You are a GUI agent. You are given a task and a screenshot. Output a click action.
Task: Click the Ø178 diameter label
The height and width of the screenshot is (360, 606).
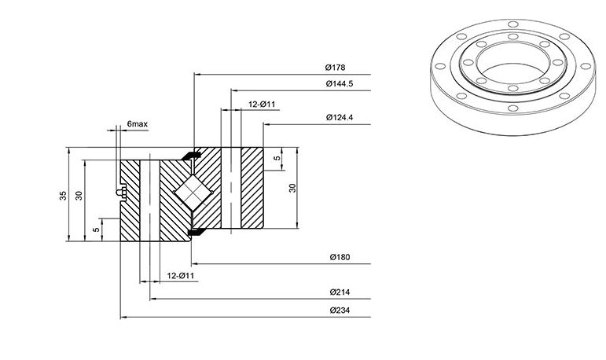(335, 68)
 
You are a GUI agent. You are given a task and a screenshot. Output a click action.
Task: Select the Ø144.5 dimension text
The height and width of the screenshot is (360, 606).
(340, 83)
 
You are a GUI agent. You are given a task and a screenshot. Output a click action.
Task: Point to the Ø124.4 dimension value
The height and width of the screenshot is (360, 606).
(340, 117)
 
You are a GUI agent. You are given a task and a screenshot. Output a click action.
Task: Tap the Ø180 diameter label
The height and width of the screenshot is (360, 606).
(340, 257)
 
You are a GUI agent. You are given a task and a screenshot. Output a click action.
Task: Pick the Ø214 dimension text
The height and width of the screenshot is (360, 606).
(340, 292)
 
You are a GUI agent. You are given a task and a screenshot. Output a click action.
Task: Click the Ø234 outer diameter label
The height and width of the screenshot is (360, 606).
(340, 310)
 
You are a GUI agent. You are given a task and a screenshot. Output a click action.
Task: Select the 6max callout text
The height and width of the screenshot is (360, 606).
(138, 124)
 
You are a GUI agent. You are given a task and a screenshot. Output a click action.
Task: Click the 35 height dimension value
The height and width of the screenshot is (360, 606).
(63, 196)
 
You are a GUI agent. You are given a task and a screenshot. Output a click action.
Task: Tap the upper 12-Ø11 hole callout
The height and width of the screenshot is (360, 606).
(262, 105)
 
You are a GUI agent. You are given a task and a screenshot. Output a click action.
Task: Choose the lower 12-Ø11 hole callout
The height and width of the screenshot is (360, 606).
(181, 276)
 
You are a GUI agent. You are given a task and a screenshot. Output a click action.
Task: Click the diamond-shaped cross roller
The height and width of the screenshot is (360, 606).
(192, 193)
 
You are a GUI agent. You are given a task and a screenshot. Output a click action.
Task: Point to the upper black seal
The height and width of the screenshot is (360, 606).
(191, 156)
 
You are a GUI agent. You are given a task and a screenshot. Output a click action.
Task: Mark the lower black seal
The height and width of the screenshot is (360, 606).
(196, 232)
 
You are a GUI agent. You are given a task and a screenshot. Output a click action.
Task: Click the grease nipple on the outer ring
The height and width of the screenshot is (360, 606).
(121, 193)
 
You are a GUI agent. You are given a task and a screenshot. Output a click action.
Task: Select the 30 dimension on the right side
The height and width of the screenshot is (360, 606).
(292, 188)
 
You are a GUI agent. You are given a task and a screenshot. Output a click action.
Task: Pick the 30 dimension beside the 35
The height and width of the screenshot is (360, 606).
(79, 196)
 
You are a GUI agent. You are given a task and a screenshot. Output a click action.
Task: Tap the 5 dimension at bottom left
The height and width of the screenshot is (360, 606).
(96, 230)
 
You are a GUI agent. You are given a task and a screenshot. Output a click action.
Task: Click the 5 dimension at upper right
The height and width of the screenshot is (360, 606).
(277, 158)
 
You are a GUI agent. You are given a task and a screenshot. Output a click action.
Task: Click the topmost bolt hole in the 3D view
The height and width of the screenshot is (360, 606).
(512, 24)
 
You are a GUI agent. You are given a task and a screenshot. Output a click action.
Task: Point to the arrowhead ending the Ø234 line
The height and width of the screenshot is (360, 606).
(123, 318)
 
